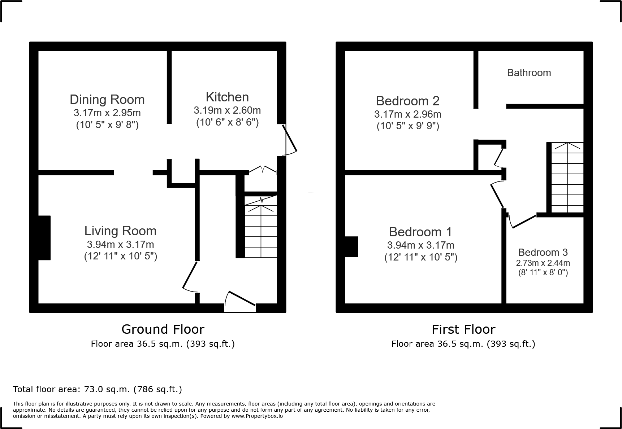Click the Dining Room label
(107, 100)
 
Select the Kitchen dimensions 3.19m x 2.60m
(227, 110)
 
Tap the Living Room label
(120, 231)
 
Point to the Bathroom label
(529, 73)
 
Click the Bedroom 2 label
(407, 101)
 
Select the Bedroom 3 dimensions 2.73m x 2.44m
(543, 263)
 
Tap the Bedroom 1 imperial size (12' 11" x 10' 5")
(420, 257)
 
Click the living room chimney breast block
(44, 238)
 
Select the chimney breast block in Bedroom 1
(351, 246)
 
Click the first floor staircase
(567, 178)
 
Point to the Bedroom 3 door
(522, 222)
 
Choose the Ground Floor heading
(163, 329)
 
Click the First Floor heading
(463, 329)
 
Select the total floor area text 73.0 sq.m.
(97, 389)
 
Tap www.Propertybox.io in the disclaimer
(257, 416)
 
